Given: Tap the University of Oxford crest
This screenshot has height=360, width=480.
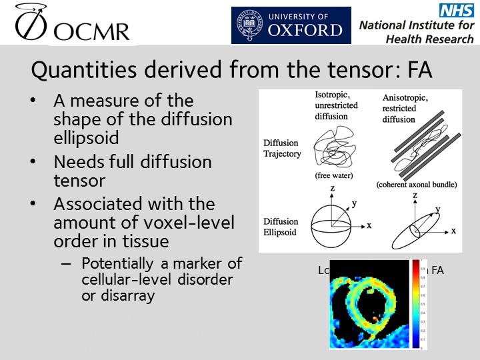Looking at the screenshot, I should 247,25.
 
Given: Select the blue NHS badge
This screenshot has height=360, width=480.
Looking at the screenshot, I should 455,10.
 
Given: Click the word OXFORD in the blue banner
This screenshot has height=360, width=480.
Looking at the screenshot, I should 306,31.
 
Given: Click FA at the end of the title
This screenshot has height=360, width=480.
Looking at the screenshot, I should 416,70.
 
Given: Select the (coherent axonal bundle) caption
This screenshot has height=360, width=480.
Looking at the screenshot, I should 416,184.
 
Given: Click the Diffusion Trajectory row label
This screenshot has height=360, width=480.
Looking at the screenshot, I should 282,149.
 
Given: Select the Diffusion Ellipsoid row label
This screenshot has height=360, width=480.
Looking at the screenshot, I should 281,227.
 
